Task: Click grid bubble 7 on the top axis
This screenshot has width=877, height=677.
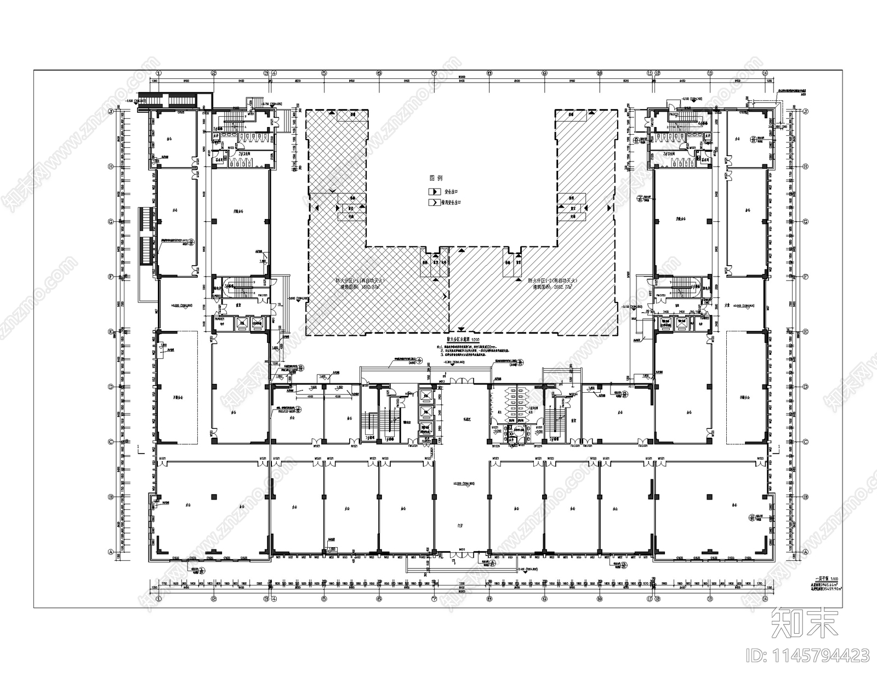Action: [x=434, y=72]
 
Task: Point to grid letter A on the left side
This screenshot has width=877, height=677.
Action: [x=111, y=552]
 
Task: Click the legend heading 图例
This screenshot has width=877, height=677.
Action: [x=436, y=179]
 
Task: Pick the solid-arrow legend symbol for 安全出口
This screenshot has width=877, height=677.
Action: [x=433, y=192]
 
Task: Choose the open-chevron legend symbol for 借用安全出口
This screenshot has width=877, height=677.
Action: [x=433, y=202]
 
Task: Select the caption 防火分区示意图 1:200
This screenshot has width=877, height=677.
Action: [x=462, y=340]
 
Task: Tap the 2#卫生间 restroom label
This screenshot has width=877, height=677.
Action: [x=236, y=155]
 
